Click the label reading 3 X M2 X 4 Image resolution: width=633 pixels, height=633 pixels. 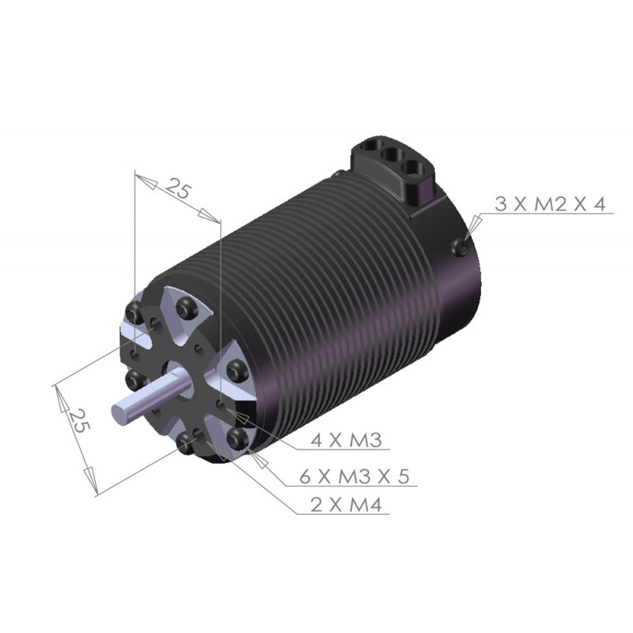pyautogui.click(x=550, y=204)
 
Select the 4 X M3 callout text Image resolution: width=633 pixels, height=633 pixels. pyautogui.click(x=346, y=440)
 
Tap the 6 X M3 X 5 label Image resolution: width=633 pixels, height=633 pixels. pyautogui.click(x=354, y=477)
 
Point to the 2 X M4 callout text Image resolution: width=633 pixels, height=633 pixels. pyautogui.click(x=346, y=505)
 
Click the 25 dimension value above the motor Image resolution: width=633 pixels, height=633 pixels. pyautogui.click(x=177, y=188)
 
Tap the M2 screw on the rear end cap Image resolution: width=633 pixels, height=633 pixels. pyautogui.click(x=460, y=247)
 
